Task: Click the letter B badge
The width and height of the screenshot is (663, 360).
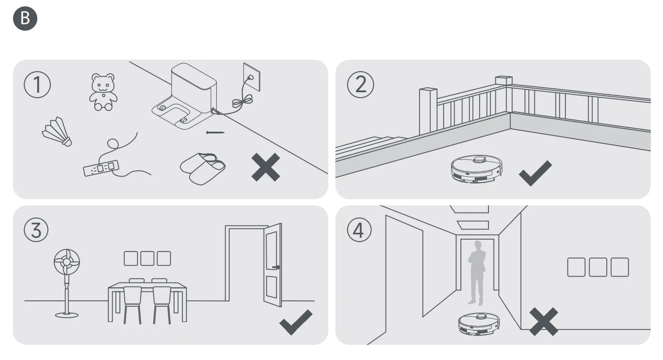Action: point(25,18)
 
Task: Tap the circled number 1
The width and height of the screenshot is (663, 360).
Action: point(37,85)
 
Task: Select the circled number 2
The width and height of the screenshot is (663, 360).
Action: point(360,85)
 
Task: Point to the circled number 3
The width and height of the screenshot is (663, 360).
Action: point(36,230)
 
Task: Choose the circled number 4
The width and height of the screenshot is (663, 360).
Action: point(359,230)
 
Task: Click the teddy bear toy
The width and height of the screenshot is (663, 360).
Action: point(103,92)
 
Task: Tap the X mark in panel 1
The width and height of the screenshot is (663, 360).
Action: point(266,167)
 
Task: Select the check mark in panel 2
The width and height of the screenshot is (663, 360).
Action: point(535,173)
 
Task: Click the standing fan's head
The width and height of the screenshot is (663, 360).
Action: point(66,262)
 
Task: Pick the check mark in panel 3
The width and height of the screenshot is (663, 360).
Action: point(296,323)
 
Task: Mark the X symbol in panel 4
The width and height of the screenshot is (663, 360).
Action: point(544,322)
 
